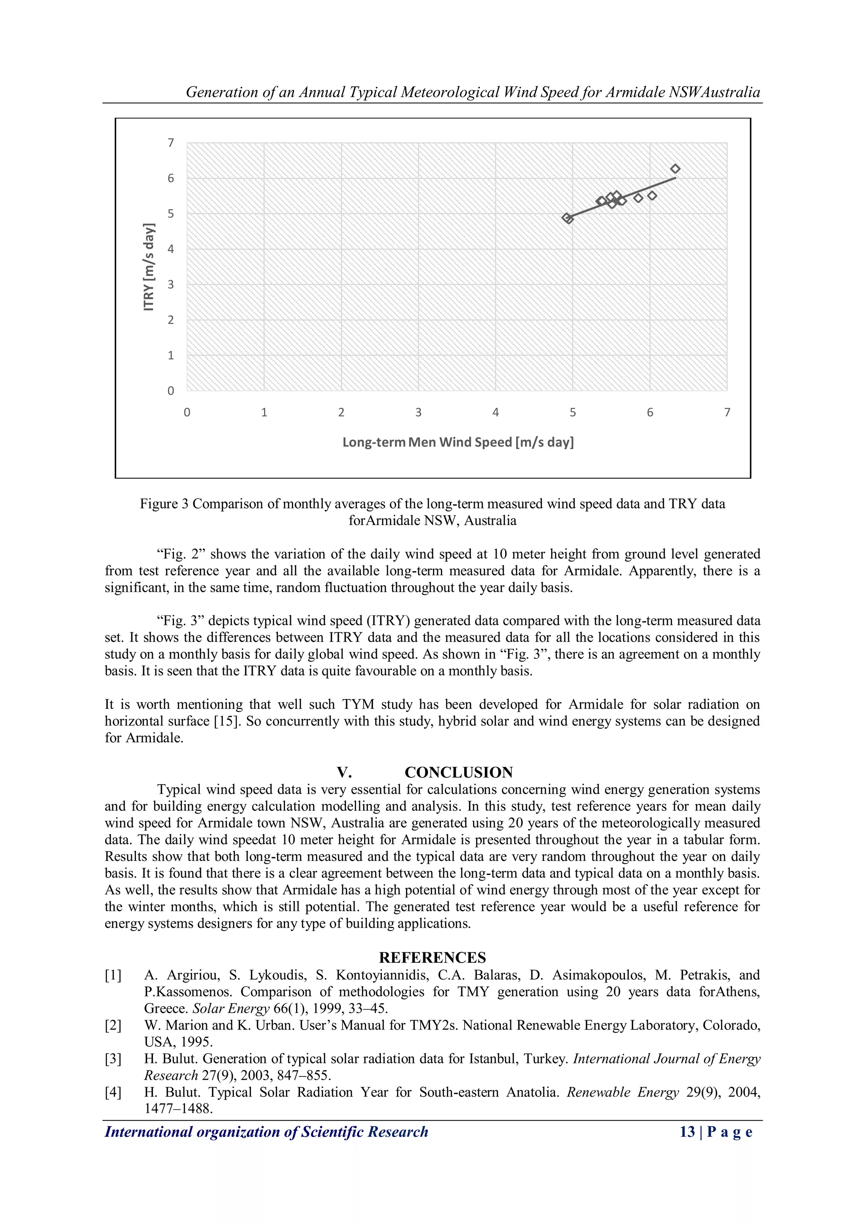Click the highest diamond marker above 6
tap(675, 169)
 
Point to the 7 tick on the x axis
tap(727, 412)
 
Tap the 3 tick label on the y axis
tap(171, 284)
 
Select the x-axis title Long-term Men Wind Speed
tap(458, 442)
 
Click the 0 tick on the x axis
tap(187, 412)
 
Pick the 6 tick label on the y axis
tap(171, 178)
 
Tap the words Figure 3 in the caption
tap(163, 504)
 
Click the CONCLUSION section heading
tap(459, 772)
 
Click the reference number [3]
tap(113, 1059)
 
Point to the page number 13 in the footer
tap(687, 1132)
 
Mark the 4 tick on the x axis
tap(495, 412)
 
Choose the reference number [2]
tap(113, 1025)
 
